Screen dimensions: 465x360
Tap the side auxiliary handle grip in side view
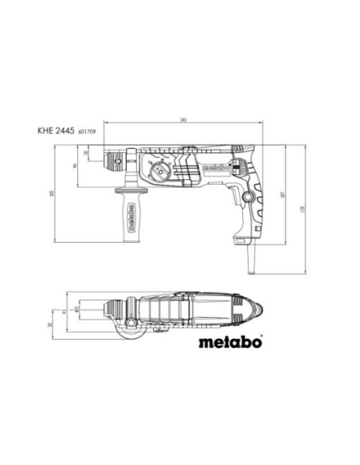(x=124, y=213)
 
